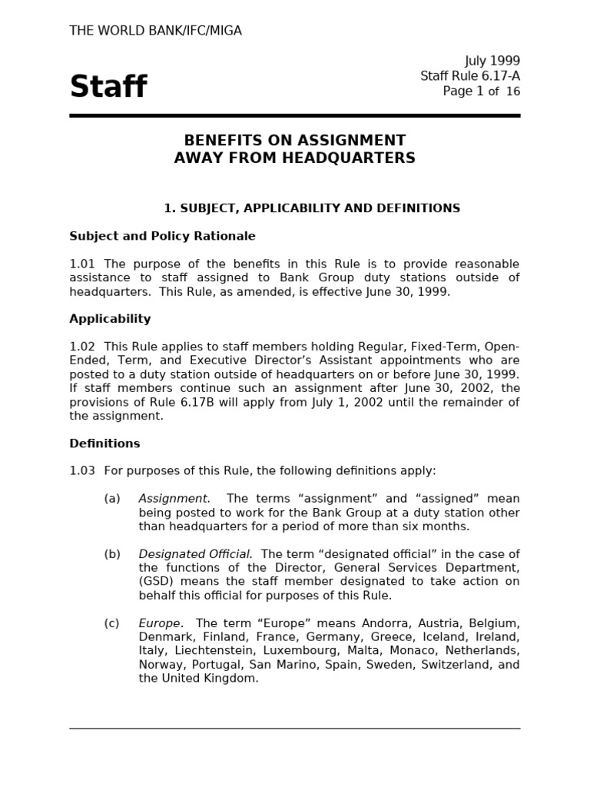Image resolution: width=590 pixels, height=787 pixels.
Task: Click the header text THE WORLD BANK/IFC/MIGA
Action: coord(155,31)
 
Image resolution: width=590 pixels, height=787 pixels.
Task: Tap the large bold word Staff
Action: coord(108,87)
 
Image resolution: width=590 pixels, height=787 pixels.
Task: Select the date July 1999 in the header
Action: coord(492,61)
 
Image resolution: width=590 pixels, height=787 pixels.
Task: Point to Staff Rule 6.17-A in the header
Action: coord(469,75)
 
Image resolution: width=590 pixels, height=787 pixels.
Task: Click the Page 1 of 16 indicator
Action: coord(481,91)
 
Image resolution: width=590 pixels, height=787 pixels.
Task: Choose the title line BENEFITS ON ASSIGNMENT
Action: coord(294,141)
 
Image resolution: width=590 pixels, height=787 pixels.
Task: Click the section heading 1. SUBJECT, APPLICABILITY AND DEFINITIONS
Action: coord(312,208)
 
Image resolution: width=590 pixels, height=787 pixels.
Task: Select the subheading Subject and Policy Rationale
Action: coord(162,236)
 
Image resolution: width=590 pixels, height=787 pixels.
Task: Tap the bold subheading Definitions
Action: coord(104,443)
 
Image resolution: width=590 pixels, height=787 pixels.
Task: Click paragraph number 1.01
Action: coord(82,264)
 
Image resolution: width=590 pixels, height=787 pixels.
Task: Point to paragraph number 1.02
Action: coord(82,347)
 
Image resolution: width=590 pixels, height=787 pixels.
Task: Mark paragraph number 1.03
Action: coord(82,470)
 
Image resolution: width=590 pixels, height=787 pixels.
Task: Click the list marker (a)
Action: coord(112,498)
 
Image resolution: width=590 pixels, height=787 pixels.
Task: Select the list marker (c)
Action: coord(112,623)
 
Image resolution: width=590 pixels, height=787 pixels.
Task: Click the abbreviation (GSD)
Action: coord(157,581)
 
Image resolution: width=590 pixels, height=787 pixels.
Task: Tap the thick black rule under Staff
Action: coord(294,116)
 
